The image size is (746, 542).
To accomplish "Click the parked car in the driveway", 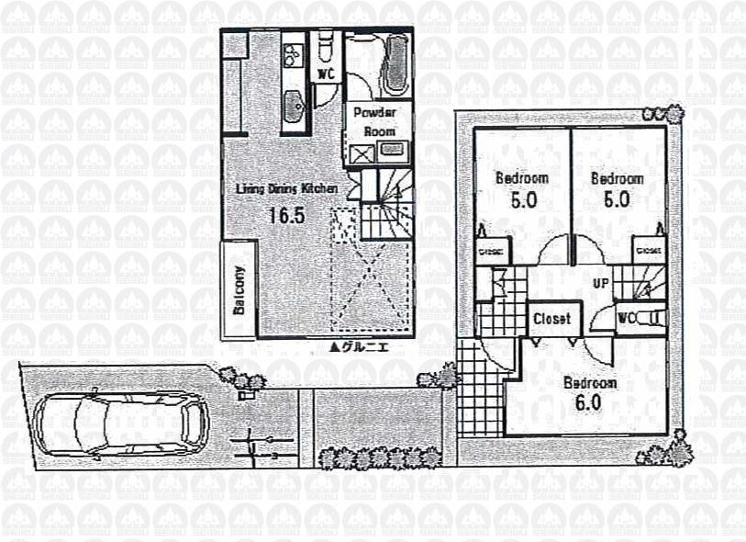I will tap(120, 423).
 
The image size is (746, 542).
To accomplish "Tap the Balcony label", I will tap(239, 290).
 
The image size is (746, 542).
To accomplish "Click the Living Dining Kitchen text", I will tap(286, 189).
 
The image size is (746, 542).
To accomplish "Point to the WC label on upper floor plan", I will tap(325, 73).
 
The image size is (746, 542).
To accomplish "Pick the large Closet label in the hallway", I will tap(552, 319).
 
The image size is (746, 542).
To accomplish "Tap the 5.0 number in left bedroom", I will tap(521, 199).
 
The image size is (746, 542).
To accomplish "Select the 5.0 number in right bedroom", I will tap(617, 199).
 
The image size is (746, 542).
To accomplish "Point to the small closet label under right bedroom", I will tap(648, 250).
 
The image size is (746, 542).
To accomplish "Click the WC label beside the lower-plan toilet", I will tap(628, 318).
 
